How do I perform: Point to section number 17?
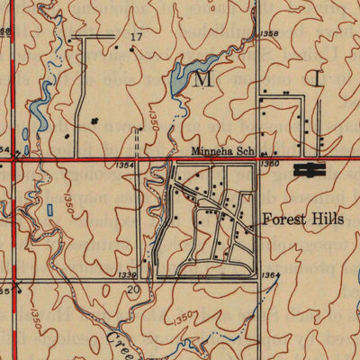137,38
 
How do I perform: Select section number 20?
133,290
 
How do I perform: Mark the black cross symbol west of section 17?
94,120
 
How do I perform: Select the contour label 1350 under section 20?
184,316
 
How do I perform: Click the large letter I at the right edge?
318,79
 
